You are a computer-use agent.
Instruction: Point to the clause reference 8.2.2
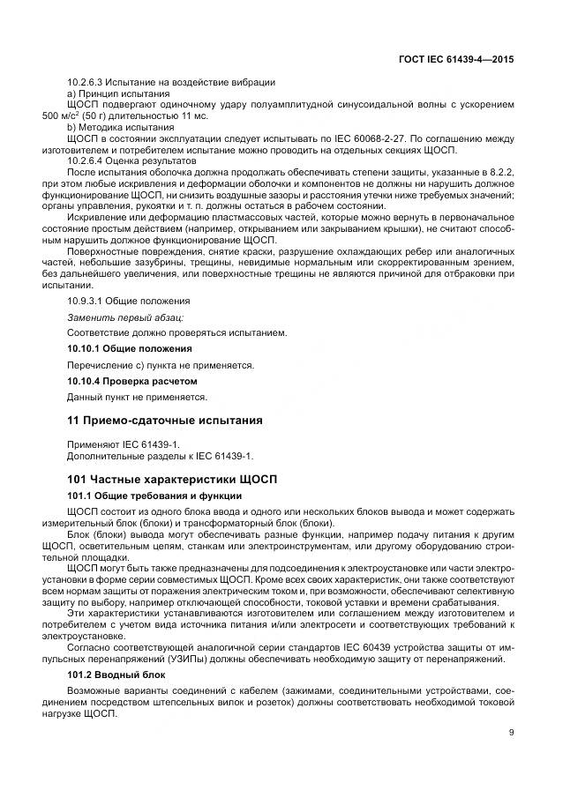502,173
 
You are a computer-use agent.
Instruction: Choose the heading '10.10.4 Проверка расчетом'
131,381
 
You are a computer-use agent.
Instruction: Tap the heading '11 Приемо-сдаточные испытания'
165,421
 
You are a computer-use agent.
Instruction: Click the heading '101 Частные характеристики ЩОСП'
172,479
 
